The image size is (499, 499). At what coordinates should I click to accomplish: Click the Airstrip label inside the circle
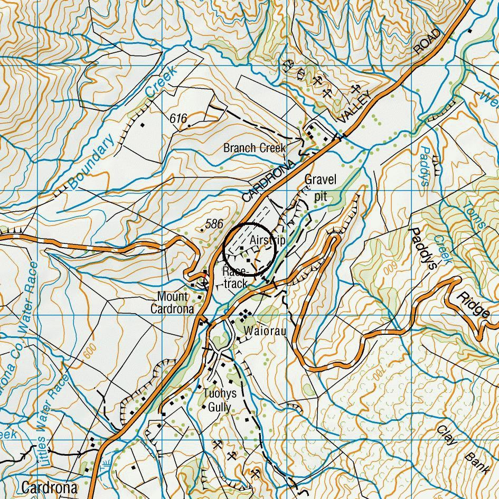(268, 240)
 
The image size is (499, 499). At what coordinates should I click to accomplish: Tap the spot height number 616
(178, 119)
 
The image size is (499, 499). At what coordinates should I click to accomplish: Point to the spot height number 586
(214, 224)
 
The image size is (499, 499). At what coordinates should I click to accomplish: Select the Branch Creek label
(254, 148)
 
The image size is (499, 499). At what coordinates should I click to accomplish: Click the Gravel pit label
(320, 187)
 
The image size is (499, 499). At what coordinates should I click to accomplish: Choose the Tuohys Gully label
(220, 400)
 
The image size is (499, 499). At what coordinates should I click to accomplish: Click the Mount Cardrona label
(172, 303)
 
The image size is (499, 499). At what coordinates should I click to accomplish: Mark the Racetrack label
(235, 277)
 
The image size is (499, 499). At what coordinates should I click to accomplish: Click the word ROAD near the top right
(427, 41)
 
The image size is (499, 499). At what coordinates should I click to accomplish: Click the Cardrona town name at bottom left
(50, 487)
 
